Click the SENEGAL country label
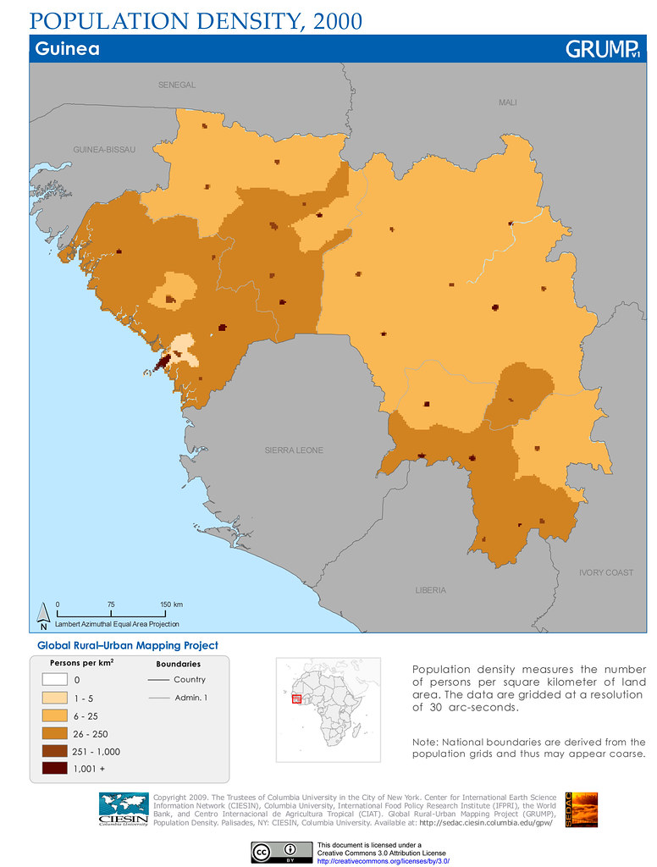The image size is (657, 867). pos(177,86)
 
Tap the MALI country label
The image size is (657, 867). pos(508,102)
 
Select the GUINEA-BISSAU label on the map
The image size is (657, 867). pos(105,150)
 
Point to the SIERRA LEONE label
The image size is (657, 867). pos(294,450)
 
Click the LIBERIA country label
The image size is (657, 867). pos(431,590)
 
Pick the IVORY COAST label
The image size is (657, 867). pos(606,573)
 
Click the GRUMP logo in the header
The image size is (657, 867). pos(601,50)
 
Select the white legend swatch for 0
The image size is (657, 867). pos(54,680)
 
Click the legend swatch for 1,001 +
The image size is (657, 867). pos(54,769)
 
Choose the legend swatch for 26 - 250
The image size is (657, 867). pos(54,733)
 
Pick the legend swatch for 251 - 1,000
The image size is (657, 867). pos(54,751)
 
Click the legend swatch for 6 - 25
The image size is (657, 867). pos(54,715)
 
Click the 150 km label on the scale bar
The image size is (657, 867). pos(172,604)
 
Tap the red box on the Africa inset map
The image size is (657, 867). pos(296,699)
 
